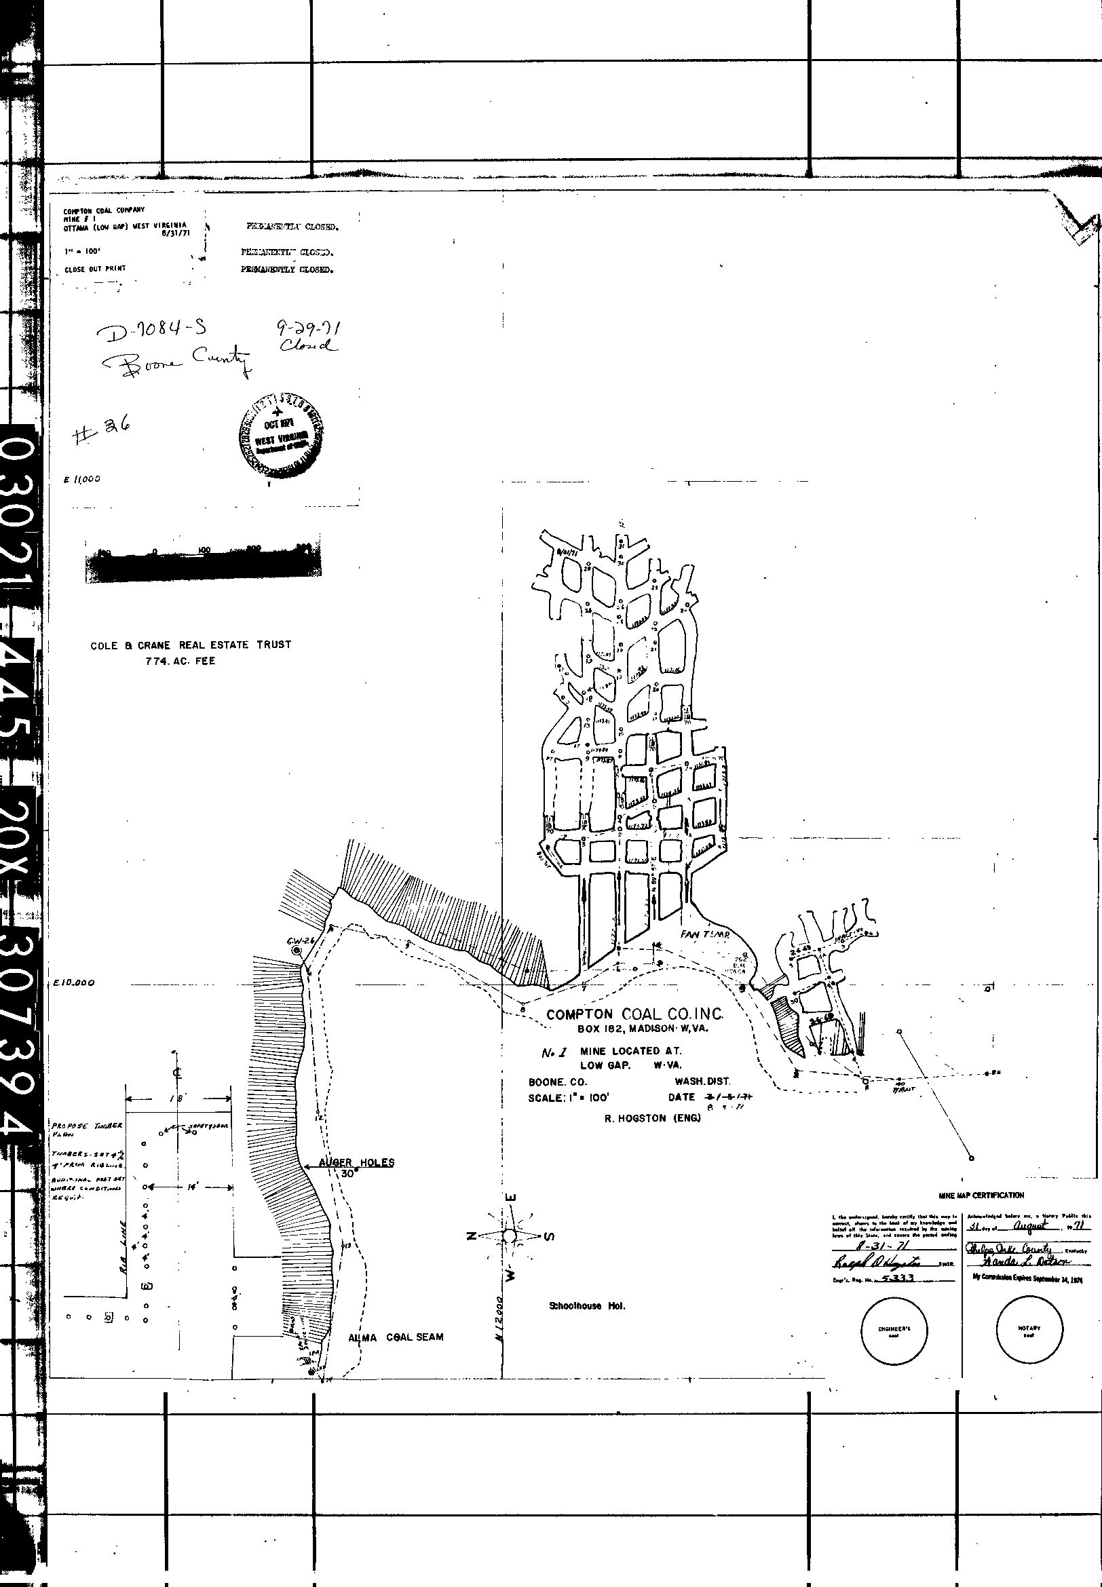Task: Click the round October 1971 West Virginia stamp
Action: click(280, 435)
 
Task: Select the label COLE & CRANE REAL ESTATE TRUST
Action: click(191, 645)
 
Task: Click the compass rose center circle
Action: click(510, 1236)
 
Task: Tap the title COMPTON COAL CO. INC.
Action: click(634, 1014)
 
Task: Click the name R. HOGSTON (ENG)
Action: click(653, 1119)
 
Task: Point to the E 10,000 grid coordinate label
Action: click(74, 984)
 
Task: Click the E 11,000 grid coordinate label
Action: click(81, 480)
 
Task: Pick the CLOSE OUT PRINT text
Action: click(95, 269)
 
